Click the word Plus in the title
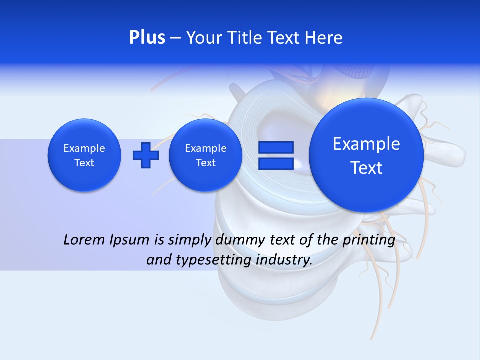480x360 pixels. pyautogui.click(x=147, y=38)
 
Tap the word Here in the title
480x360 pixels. pyautogui.click(x=324, y=38)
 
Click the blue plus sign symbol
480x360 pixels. pyautogui.click(x=145, y=155)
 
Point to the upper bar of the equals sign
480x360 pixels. pyautogui.click(x=275, y=147)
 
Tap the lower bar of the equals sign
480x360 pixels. pyautogui.click(x=275, y=164)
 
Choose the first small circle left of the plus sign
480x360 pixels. pyautogui.click(x=84, y=155)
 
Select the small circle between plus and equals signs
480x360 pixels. pyautogui.click(x=205, y=155)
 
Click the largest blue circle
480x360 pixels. pyautogui.click(x=366, y=155)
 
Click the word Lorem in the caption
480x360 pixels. pyautogui.click(x=85, y=240)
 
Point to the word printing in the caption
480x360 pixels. pyautogui.click(x=369, y=240)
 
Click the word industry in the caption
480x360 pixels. pyautogui.click(x=284, y=260)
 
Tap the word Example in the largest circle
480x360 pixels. pyautogui.click(x=366, y=144)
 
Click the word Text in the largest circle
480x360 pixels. pyautogui.click(x=366, y=168)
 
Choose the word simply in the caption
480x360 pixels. pyautogui.click(x=188, y=240)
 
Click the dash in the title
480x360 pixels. pyautogui.click(x=175, y=38)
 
